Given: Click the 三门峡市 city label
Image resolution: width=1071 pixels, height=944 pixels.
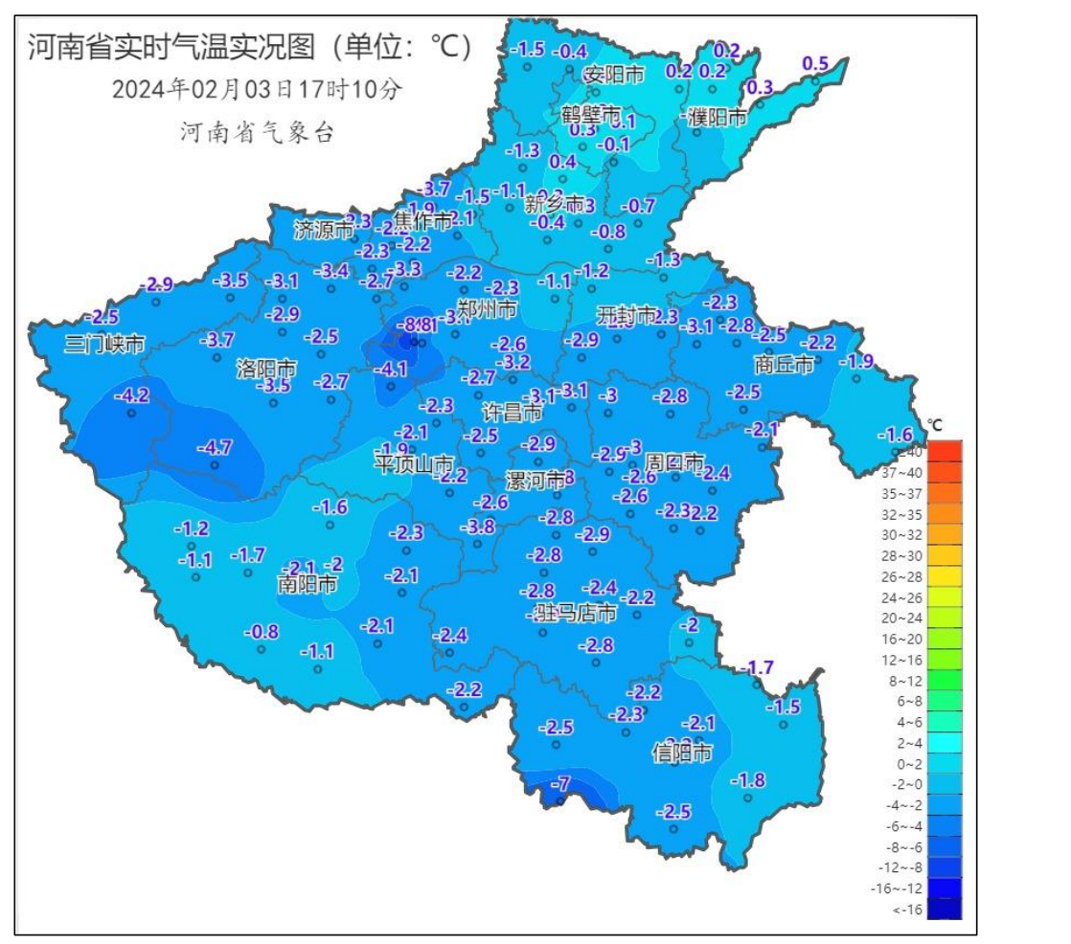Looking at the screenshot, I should (x=104, y=344).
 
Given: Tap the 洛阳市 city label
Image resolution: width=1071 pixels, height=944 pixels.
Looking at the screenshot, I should (x=265, y=369).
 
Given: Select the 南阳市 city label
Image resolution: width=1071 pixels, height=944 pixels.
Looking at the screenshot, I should (x=307, y=583).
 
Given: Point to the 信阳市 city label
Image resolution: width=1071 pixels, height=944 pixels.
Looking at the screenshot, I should (x=682, y=753).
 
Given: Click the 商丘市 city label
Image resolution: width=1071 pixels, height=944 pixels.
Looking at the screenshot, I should (x=784, y=365).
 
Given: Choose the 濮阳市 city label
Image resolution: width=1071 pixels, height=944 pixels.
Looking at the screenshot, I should (x=717, y=118).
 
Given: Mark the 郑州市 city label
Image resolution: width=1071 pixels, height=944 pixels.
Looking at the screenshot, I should (x=488, y=310).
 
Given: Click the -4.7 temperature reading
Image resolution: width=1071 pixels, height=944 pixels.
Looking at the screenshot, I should (x=214, y=447).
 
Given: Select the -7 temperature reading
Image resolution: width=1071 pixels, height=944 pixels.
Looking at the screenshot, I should (x=564, y=784).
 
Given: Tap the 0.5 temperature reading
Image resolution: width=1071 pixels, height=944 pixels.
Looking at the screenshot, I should (x=814, y=64).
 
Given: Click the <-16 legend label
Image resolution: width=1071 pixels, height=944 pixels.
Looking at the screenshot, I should (x=906, y=910).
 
